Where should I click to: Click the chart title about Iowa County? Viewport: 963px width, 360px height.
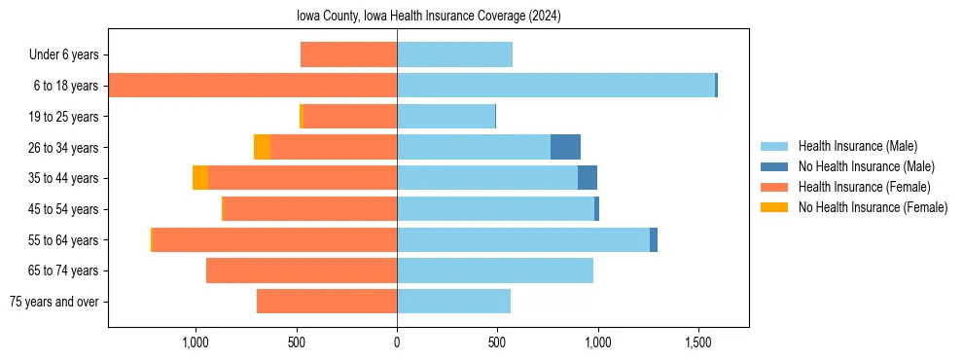(x=429, y=17)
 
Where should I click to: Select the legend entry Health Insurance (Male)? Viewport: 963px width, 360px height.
(x=857, y=146)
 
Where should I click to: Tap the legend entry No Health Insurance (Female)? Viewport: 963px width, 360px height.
(x=873, y=207)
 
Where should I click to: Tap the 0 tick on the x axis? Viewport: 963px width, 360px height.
(x=397, y=343)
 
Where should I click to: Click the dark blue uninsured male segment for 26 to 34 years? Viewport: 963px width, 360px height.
(x=565, y=147)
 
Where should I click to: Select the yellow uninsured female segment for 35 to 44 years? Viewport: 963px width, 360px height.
(x=200, y=178)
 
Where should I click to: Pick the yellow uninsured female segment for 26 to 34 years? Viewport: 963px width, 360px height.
(x=262, y=147)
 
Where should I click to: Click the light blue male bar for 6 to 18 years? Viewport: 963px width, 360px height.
(x=555, y=86)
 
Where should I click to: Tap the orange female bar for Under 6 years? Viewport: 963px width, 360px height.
(x=348, y=54)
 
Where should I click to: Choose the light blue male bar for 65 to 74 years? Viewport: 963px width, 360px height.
(x=495, y=270)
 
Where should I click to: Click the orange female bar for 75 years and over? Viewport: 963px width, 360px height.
(x=327, y=302)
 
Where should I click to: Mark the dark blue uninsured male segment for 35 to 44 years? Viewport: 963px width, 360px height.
(x=588, y=178)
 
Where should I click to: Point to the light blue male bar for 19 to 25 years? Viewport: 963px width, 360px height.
(x=446, y=117)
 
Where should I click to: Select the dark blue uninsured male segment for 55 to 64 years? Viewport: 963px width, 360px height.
(x=654, y=239)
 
